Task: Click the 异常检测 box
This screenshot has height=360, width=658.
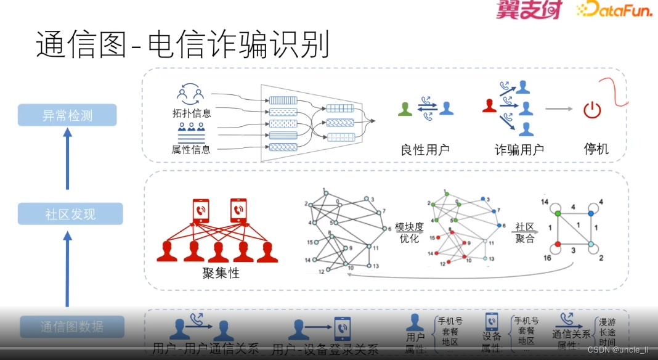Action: pos(67,115)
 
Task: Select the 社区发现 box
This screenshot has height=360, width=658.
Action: pos(70,214)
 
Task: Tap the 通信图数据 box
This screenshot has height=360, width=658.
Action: pos(72,326)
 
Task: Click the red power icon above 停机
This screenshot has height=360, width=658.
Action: pos(591,111)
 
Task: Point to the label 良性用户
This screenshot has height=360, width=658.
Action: pos(425,149)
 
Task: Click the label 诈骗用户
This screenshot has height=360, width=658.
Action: pos(519,149)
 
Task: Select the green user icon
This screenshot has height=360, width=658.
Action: pos(405,108)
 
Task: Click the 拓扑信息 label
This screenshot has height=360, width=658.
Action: pos(191,113)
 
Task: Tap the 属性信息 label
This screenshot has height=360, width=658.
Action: pos(191,149)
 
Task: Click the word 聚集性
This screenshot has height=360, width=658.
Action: pos(221,272)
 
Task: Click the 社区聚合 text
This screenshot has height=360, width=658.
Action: pos(525,232)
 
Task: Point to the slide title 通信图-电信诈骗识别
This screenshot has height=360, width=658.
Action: pos(182,45)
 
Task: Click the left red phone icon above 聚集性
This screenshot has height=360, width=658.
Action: pos(201,210)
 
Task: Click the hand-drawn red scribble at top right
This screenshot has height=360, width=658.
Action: pos(614,88)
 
